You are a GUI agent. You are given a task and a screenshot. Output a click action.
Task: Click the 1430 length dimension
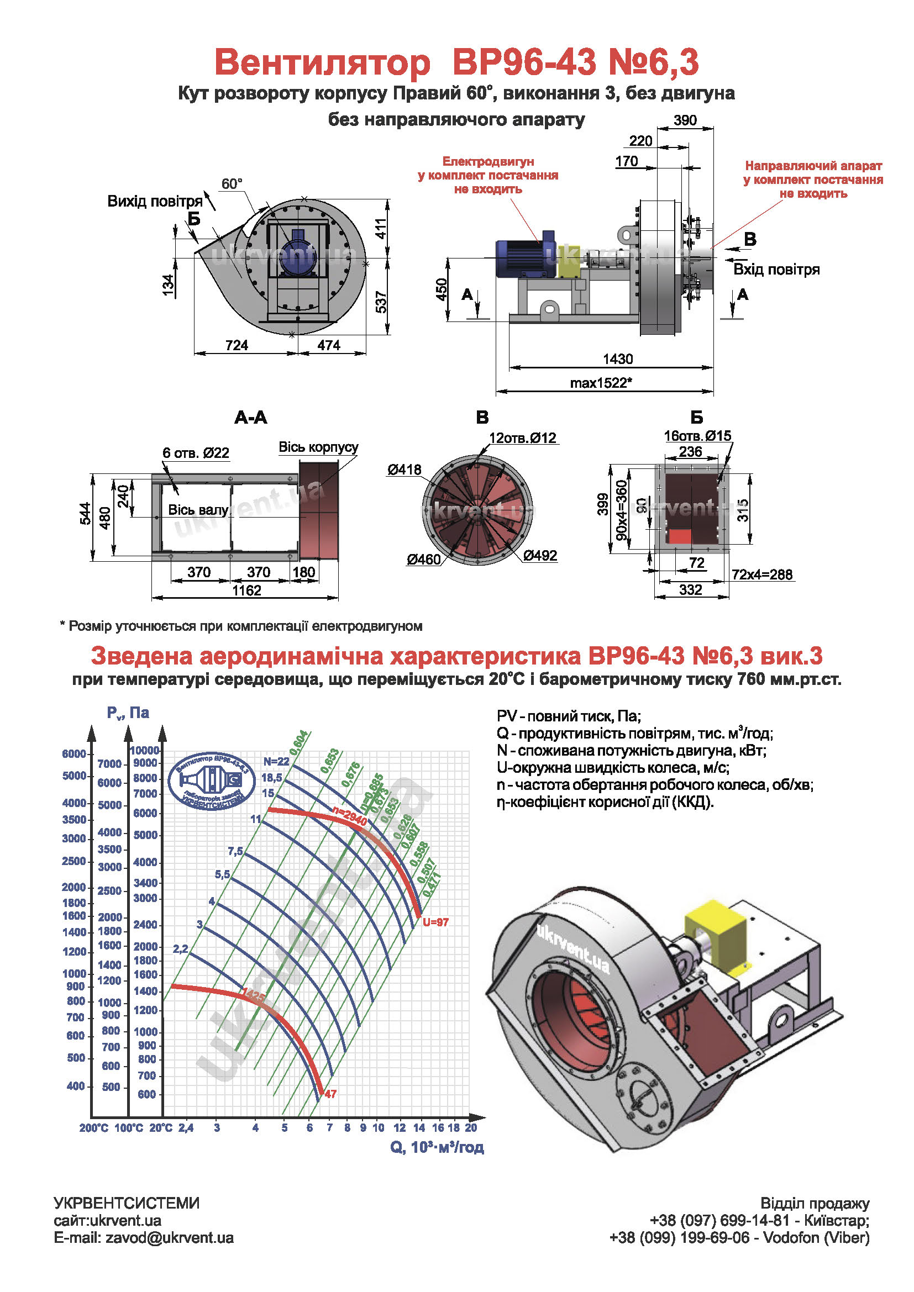(617, 358)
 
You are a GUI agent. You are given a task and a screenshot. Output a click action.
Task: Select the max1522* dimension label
(601, 383)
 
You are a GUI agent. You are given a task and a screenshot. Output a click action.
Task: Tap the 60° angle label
(232, 183)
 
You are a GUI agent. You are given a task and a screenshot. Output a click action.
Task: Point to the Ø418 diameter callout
(403, 470)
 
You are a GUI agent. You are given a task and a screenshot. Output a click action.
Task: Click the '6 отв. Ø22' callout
(195, 453)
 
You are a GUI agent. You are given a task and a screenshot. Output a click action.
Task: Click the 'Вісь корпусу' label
(318, 447)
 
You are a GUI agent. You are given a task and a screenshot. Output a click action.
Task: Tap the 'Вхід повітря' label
(776, 270)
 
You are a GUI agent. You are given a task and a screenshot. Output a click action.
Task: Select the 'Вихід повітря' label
(154, 201)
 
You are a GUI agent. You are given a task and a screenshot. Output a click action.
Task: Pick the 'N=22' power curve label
(276, 761)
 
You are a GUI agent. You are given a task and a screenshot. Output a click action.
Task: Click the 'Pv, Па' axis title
(128, 713)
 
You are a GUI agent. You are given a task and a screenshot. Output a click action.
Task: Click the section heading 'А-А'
(250, 418)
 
